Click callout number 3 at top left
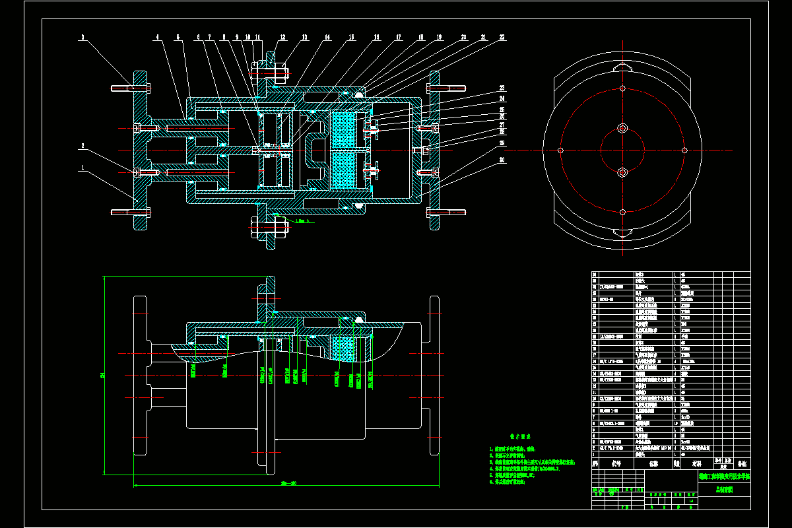[x=82, y=38]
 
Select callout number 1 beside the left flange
[x=82, y=168]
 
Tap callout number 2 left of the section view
[x=82, y=146]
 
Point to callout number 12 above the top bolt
[x=283, y=38]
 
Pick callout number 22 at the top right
[x=502, y=38]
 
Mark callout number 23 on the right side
[x=502, y=88]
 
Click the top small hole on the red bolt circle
[x=622, y=88]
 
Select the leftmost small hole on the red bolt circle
[x=560, y=150]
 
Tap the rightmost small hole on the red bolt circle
[x=684, y=150]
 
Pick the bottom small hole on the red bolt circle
[x=622, y=212]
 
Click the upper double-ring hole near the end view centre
[x=622, y=127]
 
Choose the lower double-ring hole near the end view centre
[x=622, y=172]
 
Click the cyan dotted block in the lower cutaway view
[x=345, y=360]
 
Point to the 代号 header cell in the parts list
[x=617, y=464]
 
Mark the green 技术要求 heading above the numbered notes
[x=521, y=436]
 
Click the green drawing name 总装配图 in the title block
[x=723, y=490]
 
